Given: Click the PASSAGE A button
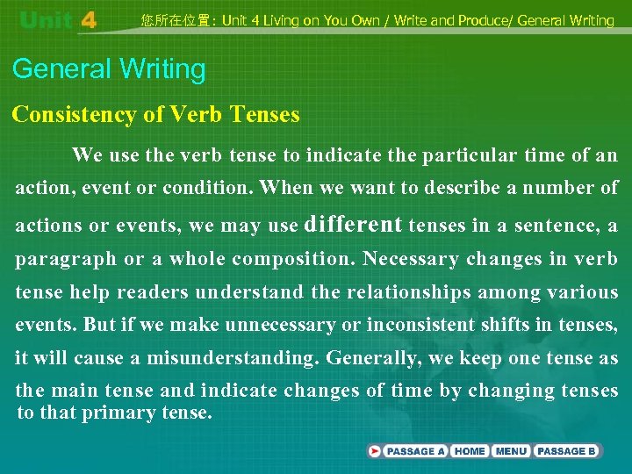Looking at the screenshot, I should click(409, 451).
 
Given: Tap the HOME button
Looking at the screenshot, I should click(470, 451).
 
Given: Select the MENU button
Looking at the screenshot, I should click(511, 451).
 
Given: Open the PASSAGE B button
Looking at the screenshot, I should click(567, 451).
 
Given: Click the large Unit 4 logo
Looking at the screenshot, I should click(58, 20).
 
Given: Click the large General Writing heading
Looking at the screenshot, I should click(109, 69).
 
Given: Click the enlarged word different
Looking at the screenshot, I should click(353, 224).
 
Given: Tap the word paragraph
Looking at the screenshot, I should click(66, 259).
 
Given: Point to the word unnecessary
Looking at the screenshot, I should click(280, 325).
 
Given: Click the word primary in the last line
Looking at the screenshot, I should click(118, 412).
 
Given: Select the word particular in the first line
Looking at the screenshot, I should click(470, 156).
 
